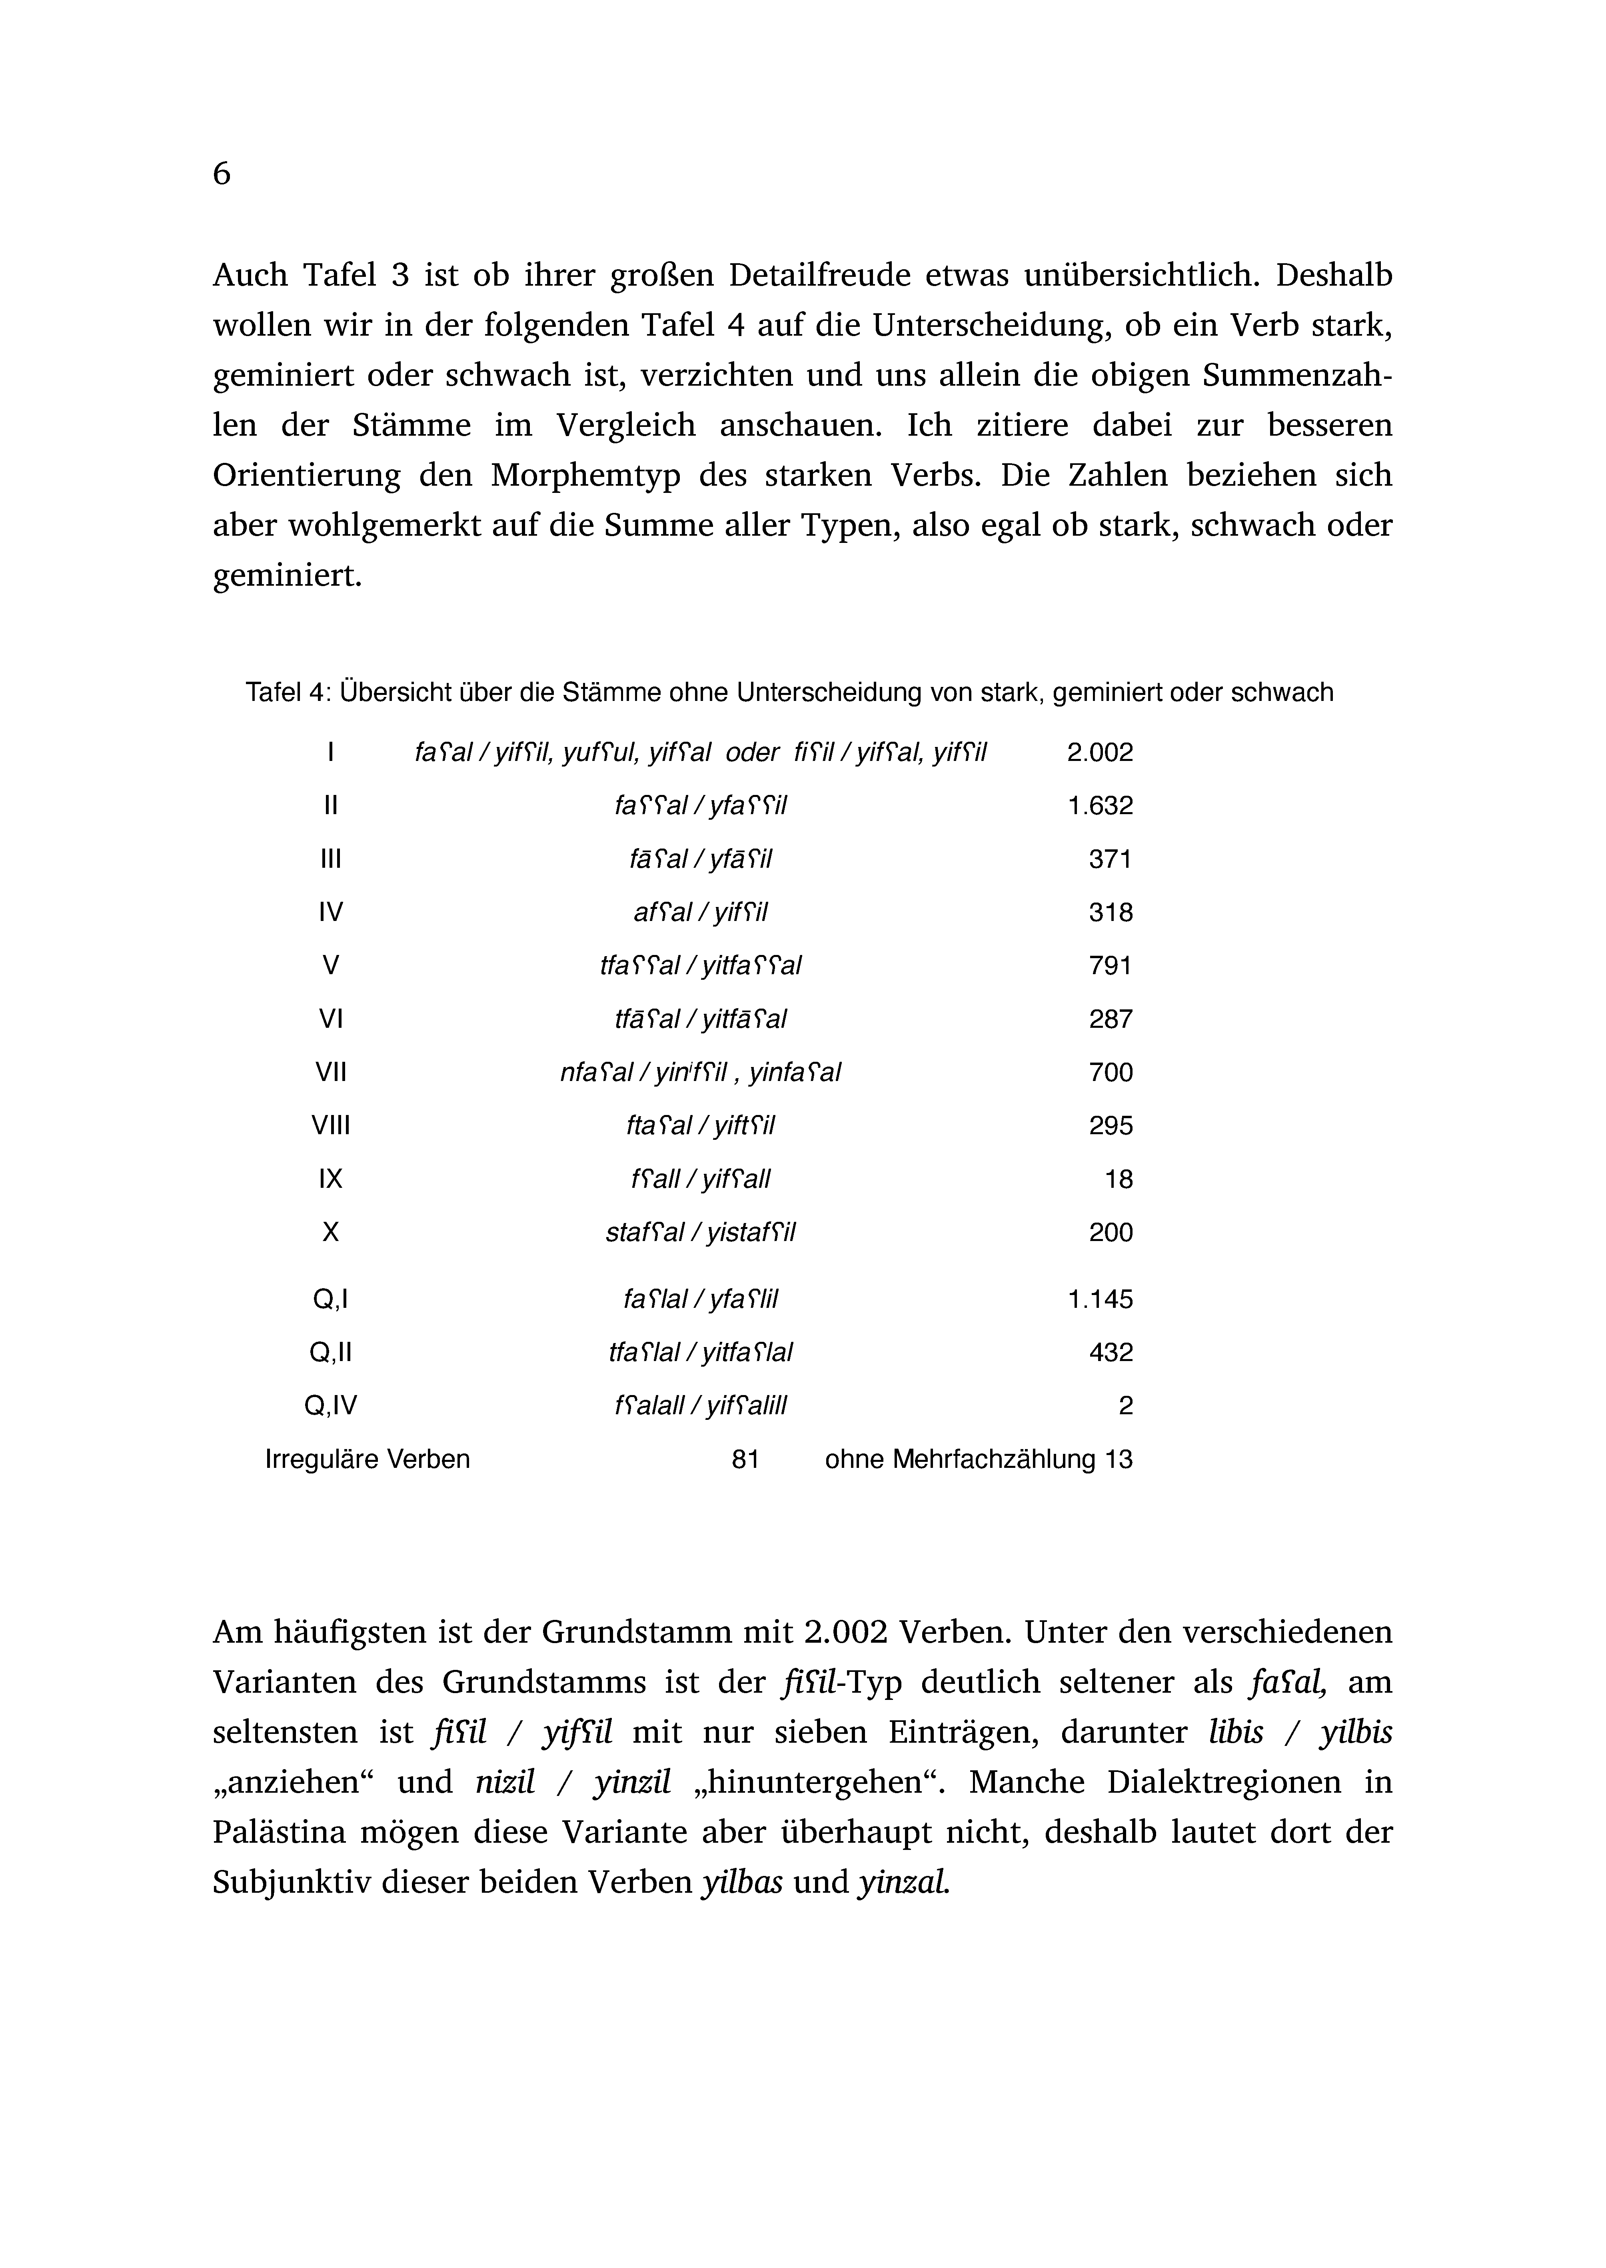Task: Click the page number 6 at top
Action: click(x=222, y=174)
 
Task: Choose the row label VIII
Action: click(x=330, y=1125)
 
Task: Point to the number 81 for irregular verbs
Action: click(x=745, y=1459)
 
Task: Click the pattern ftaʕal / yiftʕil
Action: click(x=700, y=1125)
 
